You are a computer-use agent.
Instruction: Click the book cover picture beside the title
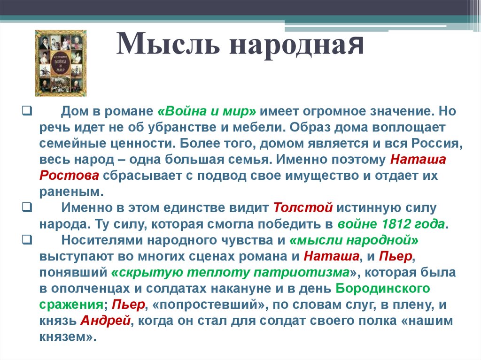tap(61, 63)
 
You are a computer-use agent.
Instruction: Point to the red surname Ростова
tap(69, 176)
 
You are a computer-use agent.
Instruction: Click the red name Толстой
tap(303, 207)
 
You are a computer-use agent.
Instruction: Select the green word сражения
tap(71, 304)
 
